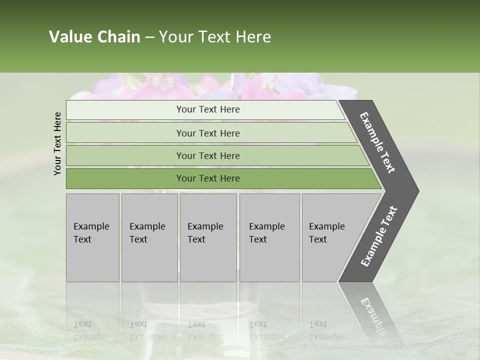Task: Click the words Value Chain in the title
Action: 94,37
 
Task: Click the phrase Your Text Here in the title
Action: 215,37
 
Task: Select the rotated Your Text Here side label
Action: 57,143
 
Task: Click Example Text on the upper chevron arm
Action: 377,142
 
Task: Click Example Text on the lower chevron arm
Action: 379,236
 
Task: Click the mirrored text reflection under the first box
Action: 91,330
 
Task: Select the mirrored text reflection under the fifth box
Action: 326,330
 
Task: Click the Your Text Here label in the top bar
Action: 208,109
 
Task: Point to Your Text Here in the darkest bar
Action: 208,178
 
